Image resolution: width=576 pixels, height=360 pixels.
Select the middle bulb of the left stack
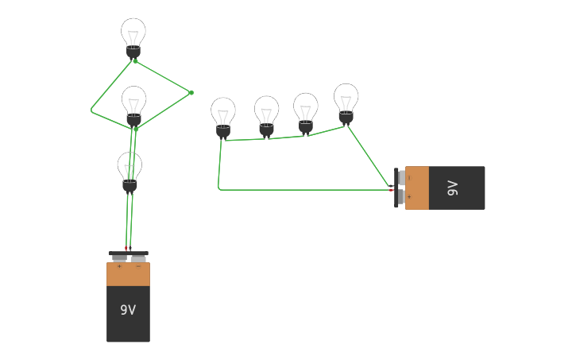133,103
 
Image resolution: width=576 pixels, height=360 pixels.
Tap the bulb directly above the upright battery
130,169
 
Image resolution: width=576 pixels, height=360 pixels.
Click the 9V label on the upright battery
128,310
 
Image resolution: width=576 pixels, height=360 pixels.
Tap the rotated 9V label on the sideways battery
452,188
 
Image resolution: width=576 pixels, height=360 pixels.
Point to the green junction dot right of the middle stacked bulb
191,93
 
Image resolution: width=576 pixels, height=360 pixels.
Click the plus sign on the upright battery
119,267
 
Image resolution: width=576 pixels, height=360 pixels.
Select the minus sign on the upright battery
138,267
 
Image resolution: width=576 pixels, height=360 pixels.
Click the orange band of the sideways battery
417,188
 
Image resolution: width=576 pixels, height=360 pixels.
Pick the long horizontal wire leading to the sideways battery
302,189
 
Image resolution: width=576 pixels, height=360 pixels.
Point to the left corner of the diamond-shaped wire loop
91,110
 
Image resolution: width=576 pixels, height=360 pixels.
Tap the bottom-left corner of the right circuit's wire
219,188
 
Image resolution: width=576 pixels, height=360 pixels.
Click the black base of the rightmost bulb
346,118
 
